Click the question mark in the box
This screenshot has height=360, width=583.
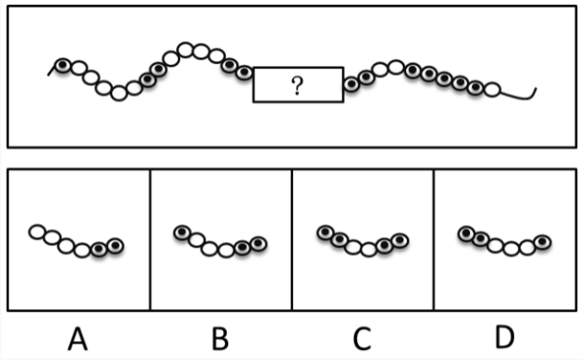point(297,85)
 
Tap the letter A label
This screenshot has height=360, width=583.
point(78,339)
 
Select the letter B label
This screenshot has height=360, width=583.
point(220,339)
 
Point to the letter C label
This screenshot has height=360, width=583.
point(361,339)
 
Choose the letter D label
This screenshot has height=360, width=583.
point(505,337)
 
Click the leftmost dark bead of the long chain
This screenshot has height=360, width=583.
point(63,66)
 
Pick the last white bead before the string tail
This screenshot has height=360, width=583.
point(492,89)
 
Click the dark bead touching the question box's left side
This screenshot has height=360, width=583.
point(244,73)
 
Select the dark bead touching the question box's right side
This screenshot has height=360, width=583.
point(351,84)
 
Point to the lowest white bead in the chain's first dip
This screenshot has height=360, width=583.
point(119,93)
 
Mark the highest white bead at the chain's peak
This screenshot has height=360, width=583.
point(185,50)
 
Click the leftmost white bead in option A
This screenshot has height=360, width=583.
point(37,232)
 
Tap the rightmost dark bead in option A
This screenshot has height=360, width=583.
point(115,246)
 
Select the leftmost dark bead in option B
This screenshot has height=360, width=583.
point(182,233)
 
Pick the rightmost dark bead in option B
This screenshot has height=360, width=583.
point(259,244)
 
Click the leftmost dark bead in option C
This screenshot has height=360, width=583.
point(325,233)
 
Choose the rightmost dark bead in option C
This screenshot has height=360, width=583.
point(400,240)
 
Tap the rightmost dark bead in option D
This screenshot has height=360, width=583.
point(543,243)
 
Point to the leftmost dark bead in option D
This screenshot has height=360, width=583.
point(466,234)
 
